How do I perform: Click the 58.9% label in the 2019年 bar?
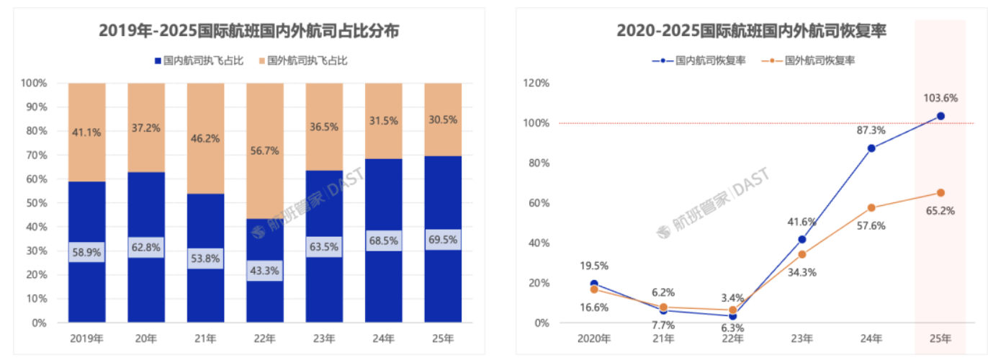tap(86, 253)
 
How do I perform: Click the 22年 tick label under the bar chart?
tap(264, 338)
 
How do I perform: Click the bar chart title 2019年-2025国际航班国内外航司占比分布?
tap(249, 31)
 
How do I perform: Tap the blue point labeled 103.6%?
tap(940, 116)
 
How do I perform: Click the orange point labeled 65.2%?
tap(940, 193)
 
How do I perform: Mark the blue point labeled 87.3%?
tap(871, 148)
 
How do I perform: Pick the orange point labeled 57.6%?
tap(871, 208)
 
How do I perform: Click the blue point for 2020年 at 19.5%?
tap(594, 284)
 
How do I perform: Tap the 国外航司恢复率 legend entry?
tap(813, 60)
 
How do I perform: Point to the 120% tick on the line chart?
tap(536, 83)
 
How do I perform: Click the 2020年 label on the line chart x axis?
tap(594, 338)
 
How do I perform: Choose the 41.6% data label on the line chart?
tap(801, 222)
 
